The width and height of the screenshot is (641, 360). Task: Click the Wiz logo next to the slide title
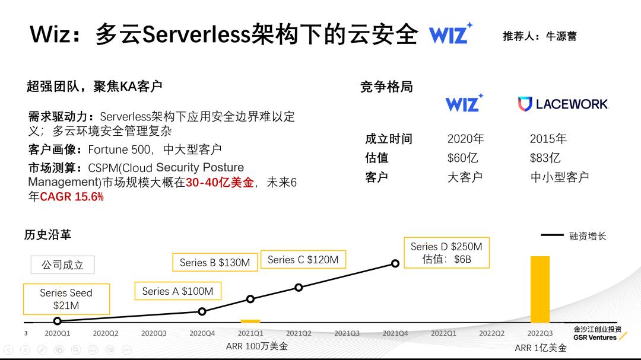(450, 34)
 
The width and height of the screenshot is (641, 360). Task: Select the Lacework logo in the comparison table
(563, 104)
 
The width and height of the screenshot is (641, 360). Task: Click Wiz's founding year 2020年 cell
(466, 139)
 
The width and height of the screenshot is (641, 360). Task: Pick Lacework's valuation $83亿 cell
(545, 158)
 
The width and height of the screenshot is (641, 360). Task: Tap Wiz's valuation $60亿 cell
(463, 158)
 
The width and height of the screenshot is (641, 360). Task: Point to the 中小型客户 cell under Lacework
(560, 177)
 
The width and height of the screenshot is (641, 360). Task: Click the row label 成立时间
(389, 139)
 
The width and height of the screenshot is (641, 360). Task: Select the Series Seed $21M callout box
(66, 299)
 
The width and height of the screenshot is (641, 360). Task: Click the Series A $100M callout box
(177, 291)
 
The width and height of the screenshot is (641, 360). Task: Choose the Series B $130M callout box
(215, 262)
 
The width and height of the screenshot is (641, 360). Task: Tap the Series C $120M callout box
(303, 260)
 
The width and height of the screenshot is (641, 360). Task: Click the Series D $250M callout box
(446, 253)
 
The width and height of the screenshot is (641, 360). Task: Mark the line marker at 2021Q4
(395, 263)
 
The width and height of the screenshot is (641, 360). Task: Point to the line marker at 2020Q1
(58, 321)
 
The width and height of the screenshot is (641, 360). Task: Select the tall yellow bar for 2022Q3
(540, 289)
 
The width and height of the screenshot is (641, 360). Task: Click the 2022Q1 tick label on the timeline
(443, 333)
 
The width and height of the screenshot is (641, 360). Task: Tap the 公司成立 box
(62, 265)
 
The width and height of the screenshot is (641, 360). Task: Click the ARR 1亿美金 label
(541, 348)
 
